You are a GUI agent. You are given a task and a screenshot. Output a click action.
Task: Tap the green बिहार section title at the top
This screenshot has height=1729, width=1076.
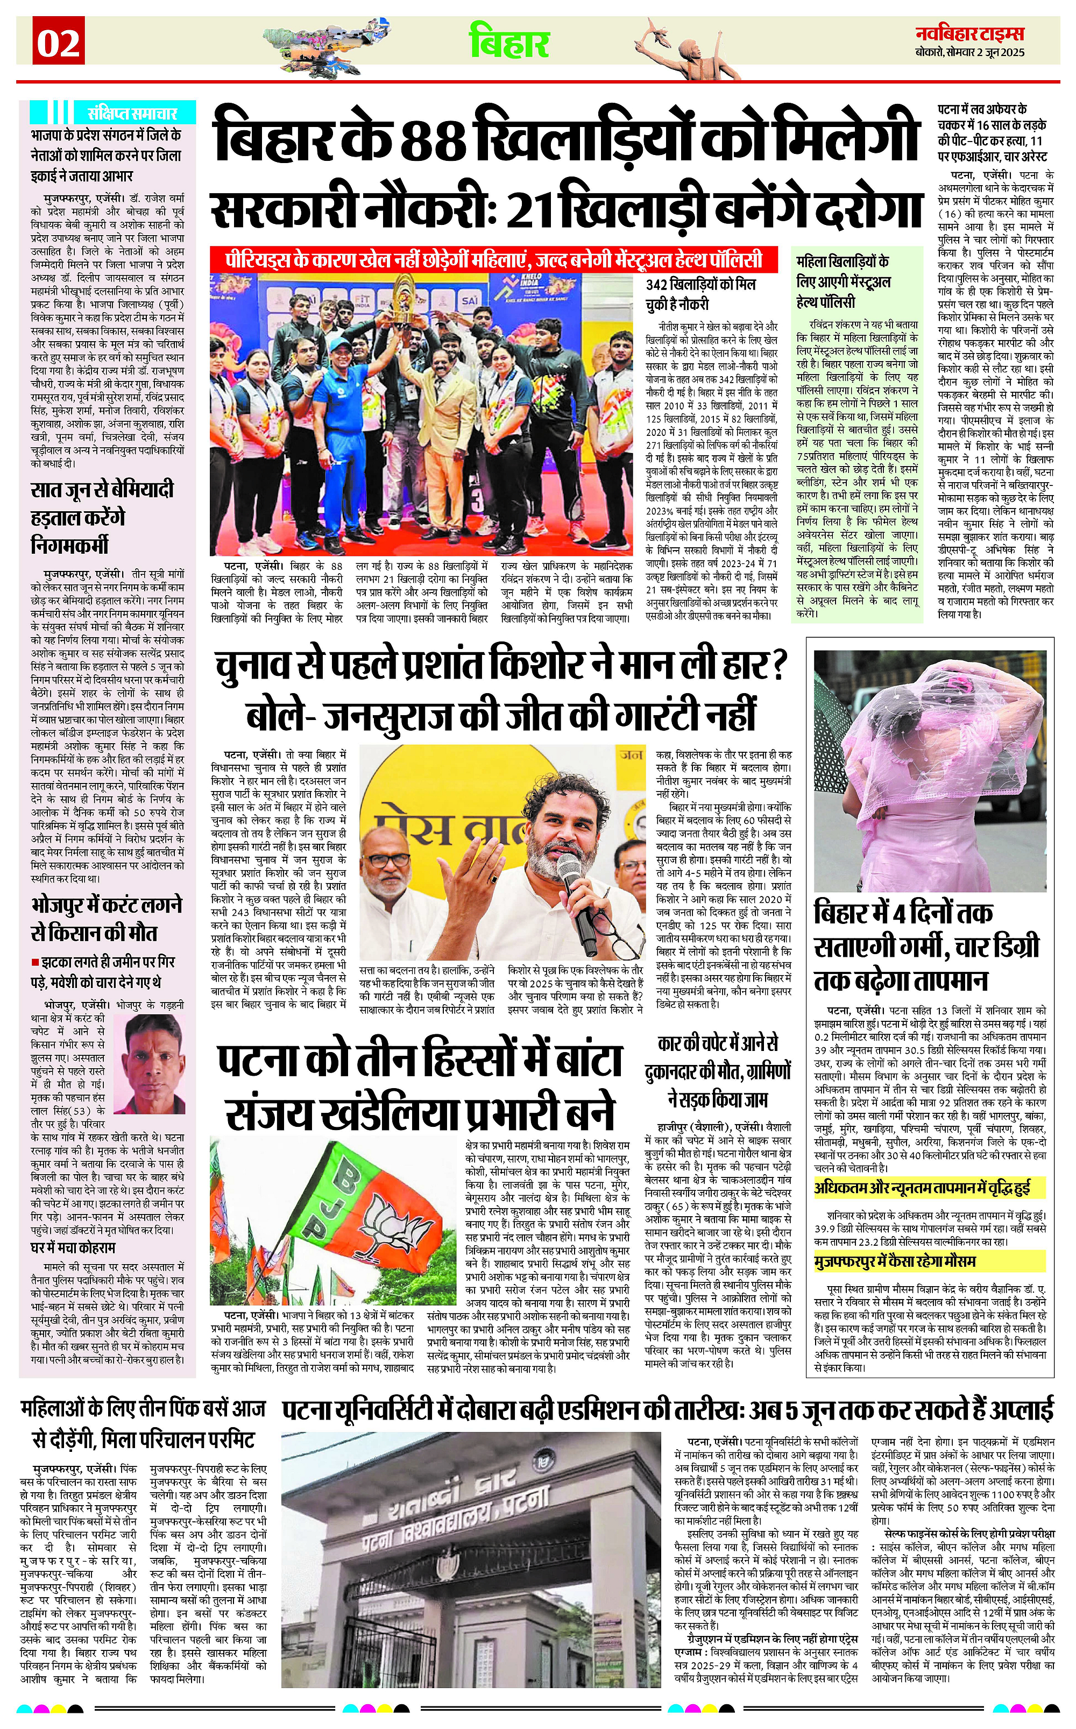click(x=509, y=42)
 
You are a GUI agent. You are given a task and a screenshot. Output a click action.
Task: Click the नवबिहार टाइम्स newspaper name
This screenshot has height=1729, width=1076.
click(x=969, y=33)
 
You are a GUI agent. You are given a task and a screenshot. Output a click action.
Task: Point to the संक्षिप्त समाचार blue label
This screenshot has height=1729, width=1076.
click(x=132, y=112)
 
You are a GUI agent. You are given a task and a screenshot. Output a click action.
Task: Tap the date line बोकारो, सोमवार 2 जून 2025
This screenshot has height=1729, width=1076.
click(x=970, y=53)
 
